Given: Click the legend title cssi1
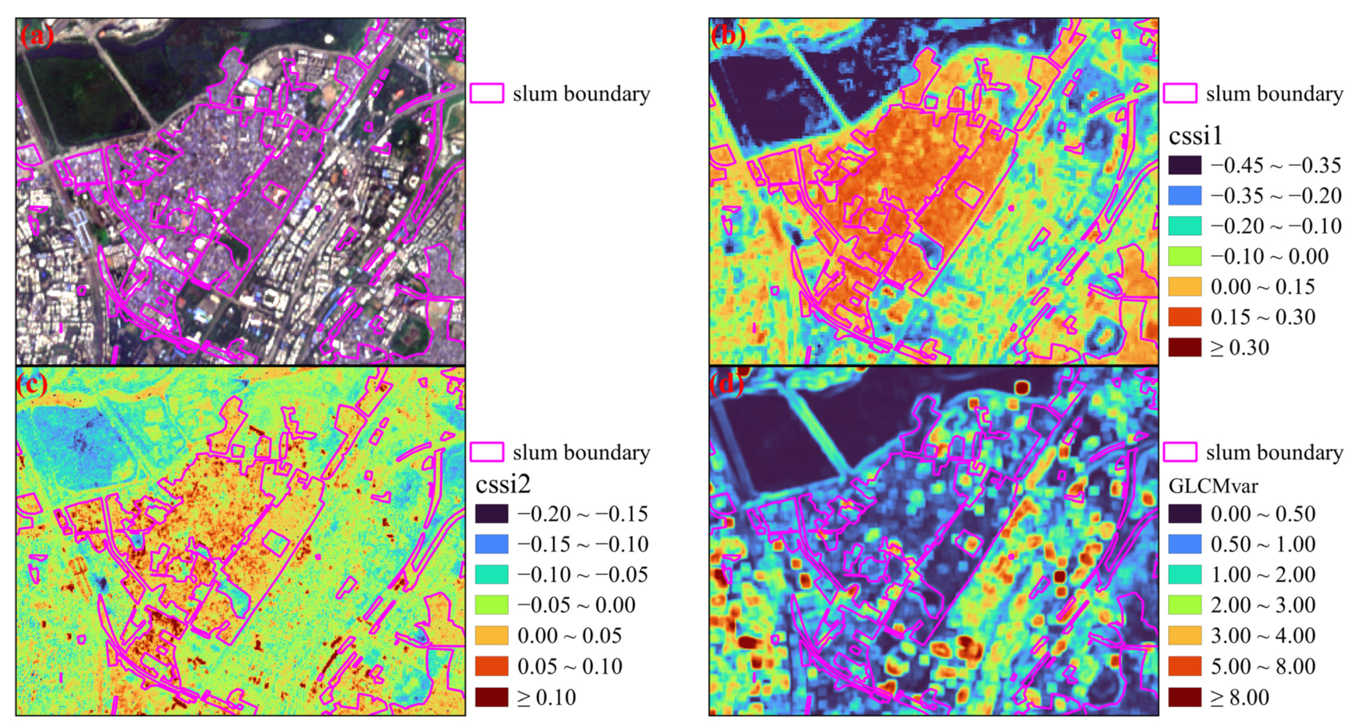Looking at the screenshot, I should click(x=1196, y=136).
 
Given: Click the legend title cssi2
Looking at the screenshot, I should click(x=503, y=484).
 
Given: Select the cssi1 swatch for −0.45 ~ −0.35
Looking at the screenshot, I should click(x=1185, y=165).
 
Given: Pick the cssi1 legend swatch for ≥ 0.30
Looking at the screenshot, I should click(x=1185, y=347).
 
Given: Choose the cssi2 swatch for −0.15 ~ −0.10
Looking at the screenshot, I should click(x=492, y=544).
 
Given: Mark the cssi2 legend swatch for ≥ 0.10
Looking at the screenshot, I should click(x=492, y=697).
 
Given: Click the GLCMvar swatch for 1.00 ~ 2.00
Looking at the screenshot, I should click(x=1185, y=575).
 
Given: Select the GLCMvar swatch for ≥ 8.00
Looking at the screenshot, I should click(x=1185, y=697).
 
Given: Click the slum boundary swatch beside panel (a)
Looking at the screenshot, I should click(x=487, y=93).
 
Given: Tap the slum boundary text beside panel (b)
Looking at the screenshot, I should click(x=1275, y=94).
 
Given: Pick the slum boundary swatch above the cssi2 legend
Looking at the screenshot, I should click(x=487, y=453).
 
